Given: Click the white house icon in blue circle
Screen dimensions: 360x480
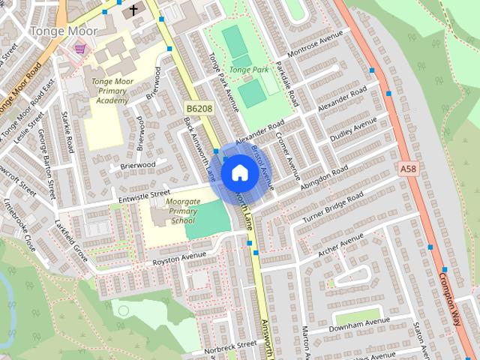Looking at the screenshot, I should pyautogui.click(x=240, y=173).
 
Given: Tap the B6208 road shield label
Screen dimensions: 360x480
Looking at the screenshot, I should pyautogui.click(x=199, y=109).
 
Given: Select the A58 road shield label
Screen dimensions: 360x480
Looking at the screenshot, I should pyautogui.click(x=408, y=169).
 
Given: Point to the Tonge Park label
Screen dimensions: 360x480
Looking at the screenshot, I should pyautogui.click(x=248, y=70).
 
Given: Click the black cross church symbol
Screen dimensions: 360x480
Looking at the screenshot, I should pyautogui.click(x=133, y=10).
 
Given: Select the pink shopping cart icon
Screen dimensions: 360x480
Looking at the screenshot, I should pyautogui.click(x=79, y=49).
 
